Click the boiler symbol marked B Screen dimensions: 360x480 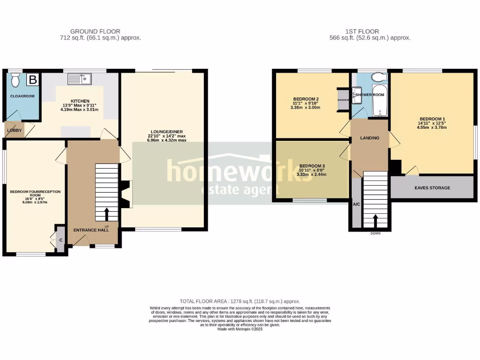point(32,80)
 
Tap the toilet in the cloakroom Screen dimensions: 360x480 point(15,81)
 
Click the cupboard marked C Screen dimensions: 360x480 point(61,240)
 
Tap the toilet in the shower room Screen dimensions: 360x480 point(377,77)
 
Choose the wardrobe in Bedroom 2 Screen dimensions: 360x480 point(343,99)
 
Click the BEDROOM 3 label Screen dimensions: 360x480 point(312,166)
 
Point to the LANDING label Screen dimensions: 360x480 point(369,138)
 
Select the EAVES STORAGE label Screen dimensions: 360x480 point(432,188)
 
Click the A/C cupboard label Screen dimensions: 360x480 point(356,204)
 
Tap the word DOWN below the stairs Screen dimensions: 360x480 point(375,233)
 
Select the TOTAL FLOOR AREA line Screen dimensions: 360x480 point(240,301)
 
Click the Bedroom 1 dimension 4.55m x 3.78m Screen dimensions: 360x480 point(431,127)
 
